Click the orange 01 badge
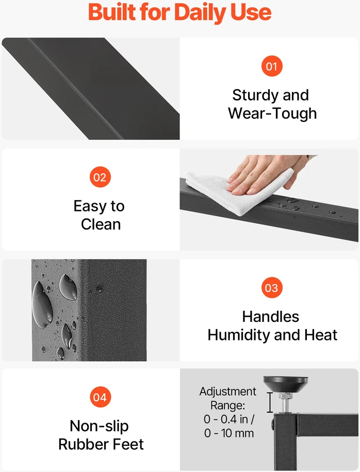click(x=272, y=66)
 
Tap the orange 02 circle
click(x=100, y=177)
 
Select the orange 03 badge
click(x=271, y=288)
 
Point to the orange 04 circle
click(x=100, y=397)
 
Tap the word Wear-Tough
click(x=272, y=113)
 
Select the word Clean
click(x=101, y=224)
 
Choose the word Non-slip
click(x=100, y=426)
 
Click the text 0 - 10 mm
click(x=229, y=433)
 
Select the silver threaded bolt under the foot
click(x=285, y=403)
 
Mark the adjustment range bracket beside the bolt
click(x=270, y=402)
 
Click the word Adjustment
click(x=228, y=392)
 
